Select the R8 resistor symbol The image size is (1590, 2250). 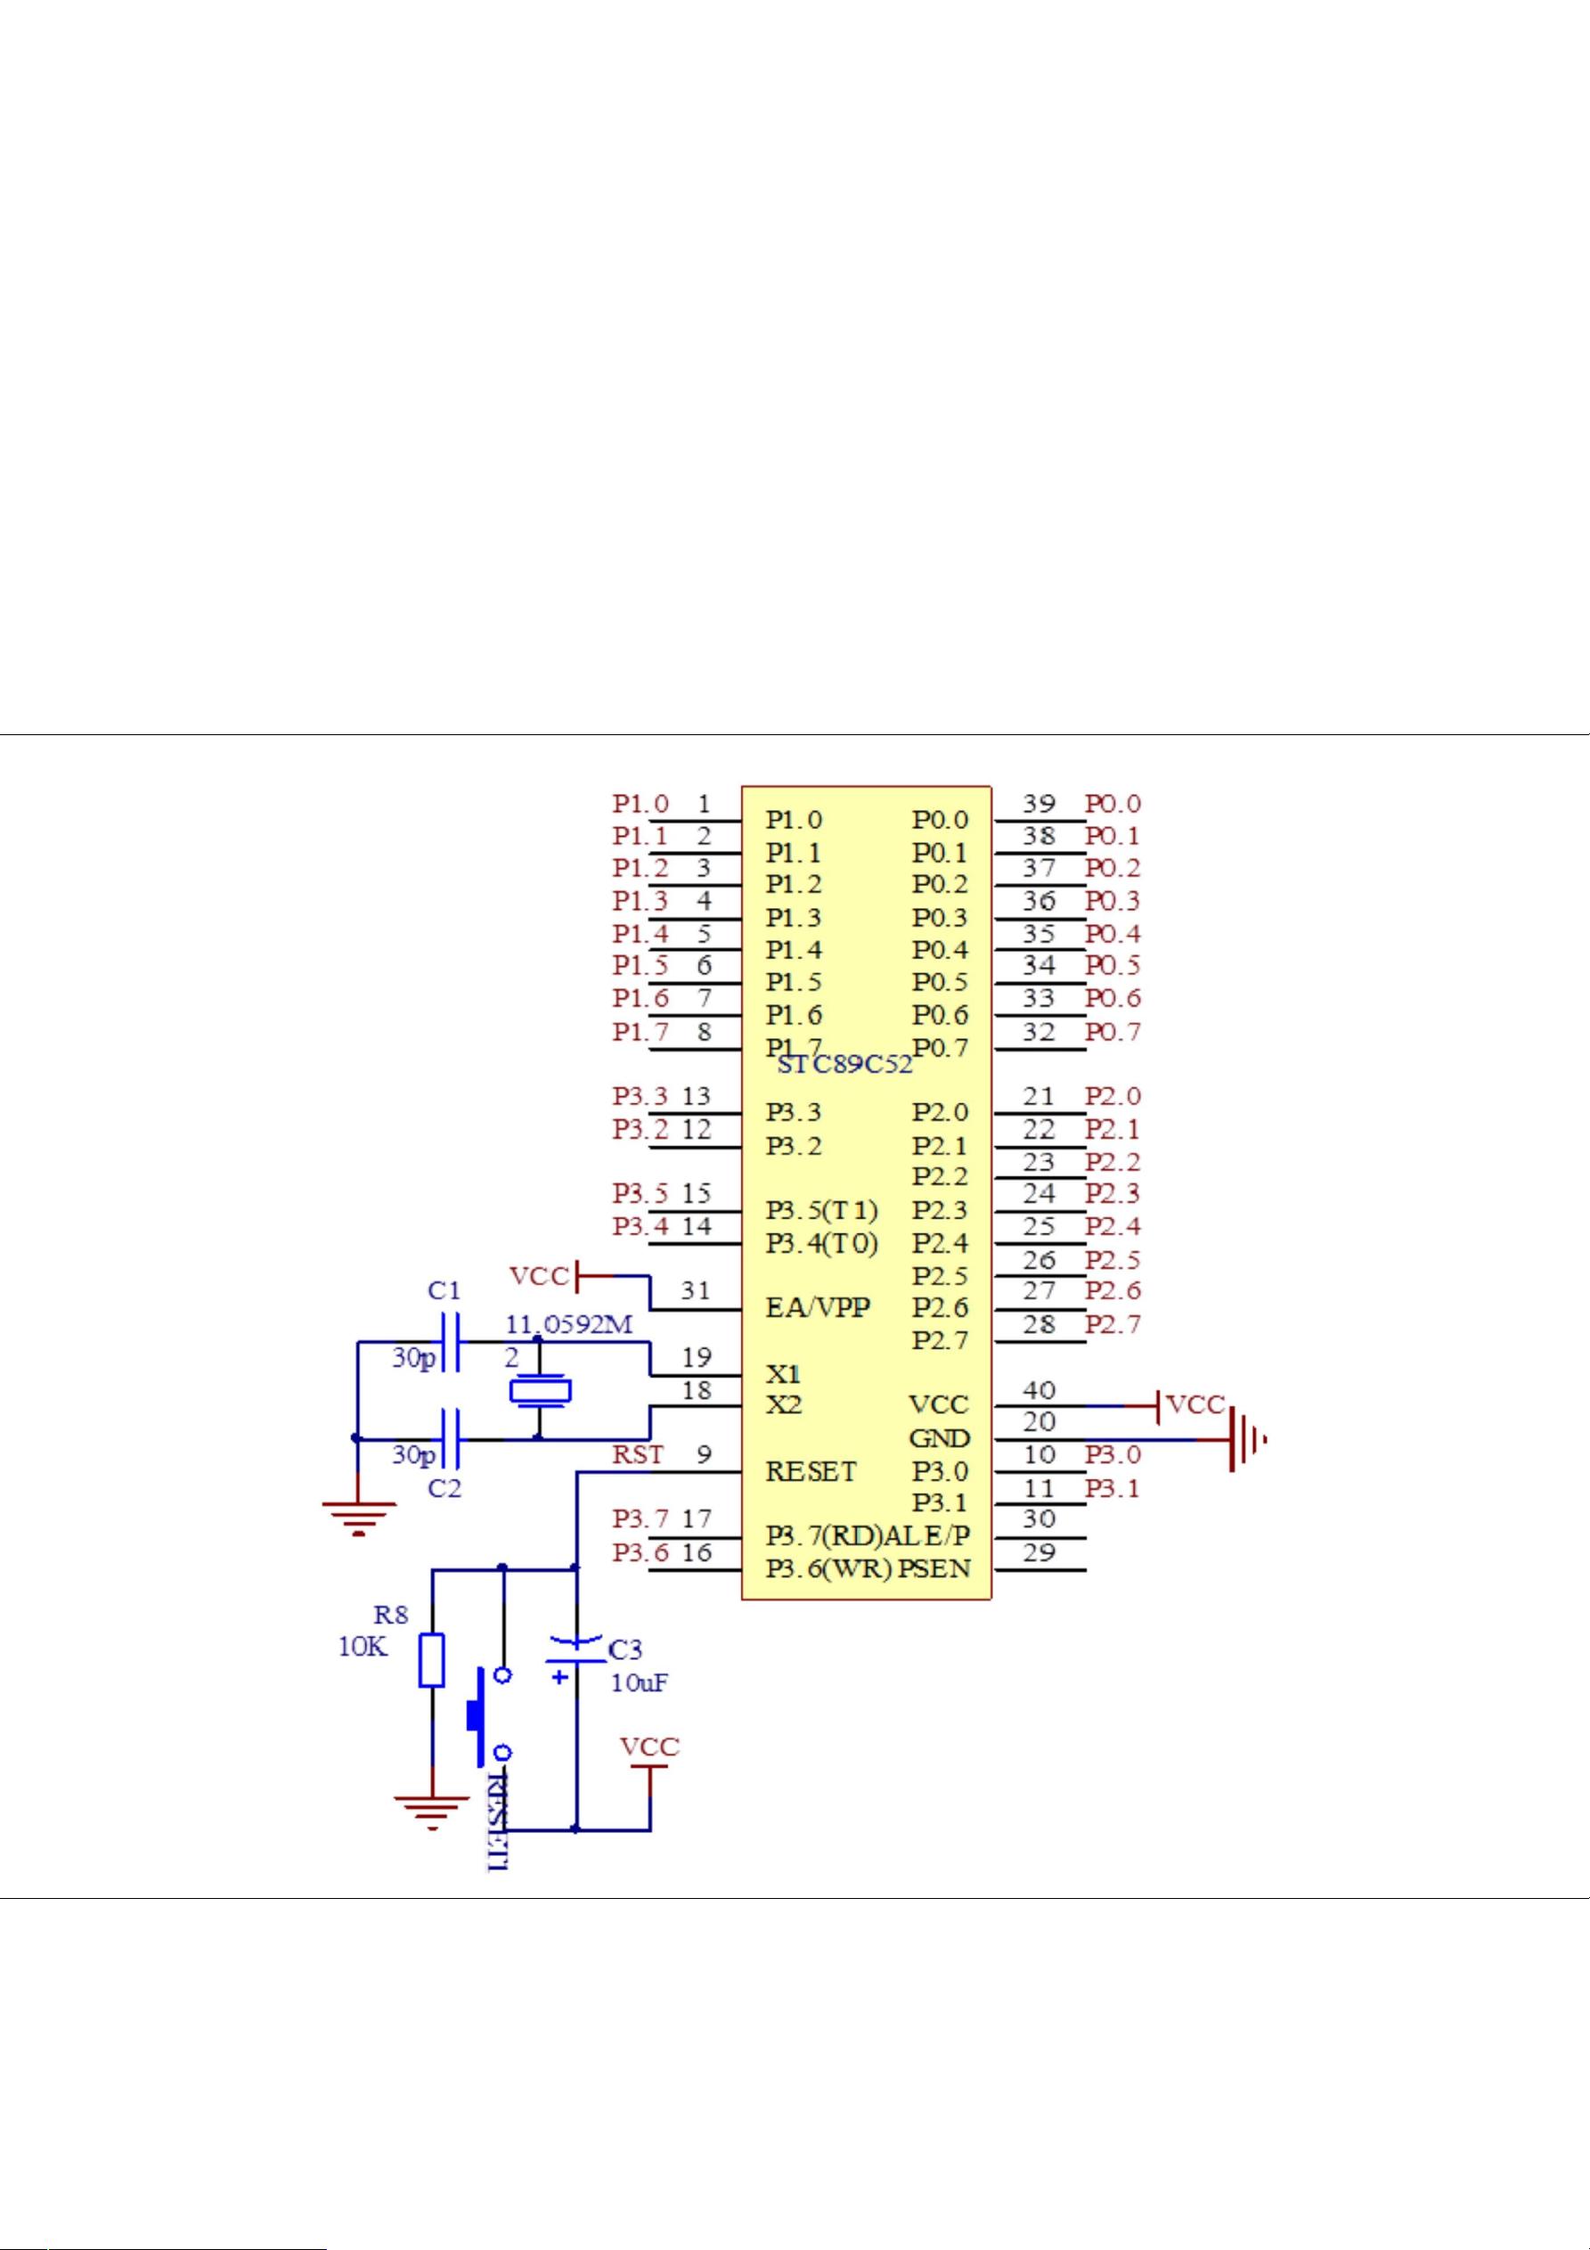(x=431, y=1660)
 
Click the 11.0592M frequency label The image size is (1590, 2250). (x=569, y=1325)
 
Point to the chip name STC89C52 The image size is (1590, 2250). (x=845, y=1064)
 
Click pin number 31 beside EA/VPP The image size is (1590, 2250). (x=696, y=1290)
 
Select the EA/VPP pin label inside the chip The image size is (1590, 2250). (x=818, y=1308)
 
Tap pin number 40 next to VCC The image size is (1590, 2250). (x=1040, y=1389)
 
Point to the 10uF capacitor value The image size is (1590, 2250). (x=640, y=1683)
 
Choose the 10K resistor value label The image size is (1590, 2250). (x=363, y=1647)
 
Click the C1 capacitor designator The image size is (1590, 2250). (x=444, y=1290)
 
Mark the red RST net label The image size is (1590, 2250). (x=638, y=1455)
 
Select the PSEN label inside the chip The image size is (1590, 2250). (x=934, y=1569)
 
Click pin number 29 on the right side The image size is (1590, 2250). (x=1040, y=1552)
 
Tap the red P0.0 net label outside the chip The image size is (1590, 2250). (x=1113, y=804)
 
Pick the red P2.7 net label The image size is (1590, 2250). (x=1113, y=1325)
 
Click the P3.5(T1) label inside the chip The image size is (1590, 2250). (x=822, y=1209)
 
